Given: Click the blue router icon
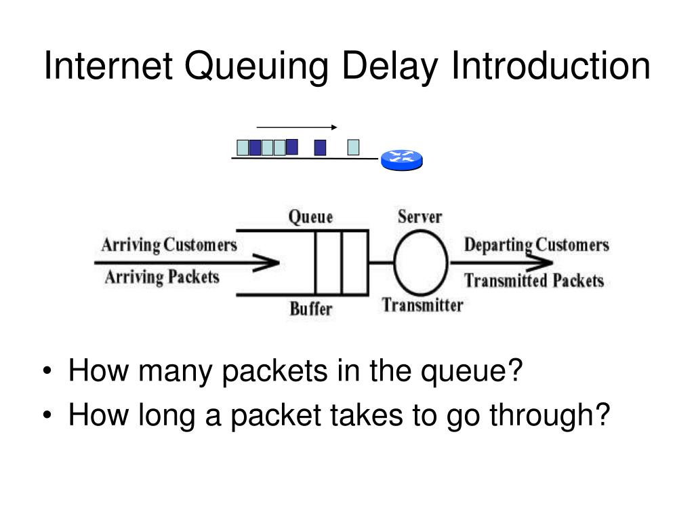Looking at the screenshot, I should point(401,159).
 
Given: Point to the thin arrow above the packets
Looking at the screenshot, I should point(297,127).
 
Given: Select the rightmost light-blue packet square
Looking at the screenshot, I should point(353,147).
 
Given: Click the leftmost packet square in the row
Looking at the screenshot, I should point(242,147).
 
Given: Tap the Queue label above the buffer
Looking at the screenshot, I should point(311,217).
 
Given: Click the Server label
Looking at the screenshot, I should point(419,217).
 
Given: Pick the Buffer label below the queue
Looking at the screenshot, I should point(311,309).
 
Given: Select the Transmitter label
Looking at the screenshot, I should point(422,305).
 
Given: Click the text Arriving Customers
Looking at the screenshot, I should point(169,244).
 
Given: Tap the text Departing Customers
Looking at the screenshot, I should point(536,244).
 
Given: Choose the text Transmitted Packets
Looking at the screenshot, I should point(534,280).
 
